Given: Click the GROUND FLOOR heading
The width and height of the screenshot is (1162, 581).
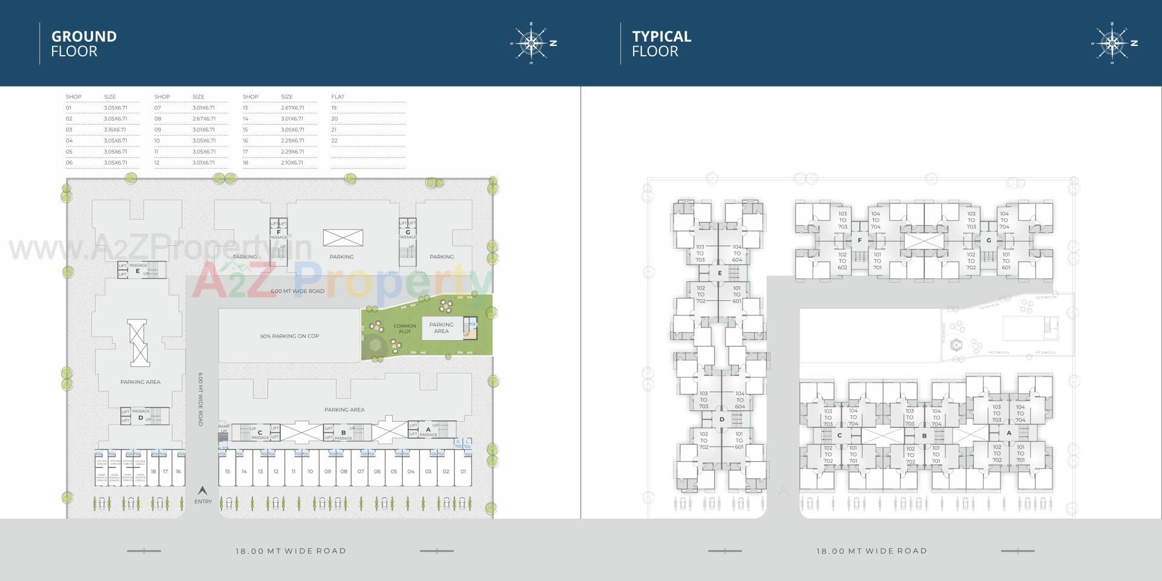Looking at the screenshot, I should (x=84, y=44).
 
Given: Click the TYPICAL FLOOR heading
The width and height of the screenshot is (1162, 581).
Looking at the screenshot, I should (x=661, y=44).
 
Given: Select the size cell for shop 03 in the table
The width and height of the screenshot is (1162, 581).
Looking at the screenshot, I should (x=115, y=130).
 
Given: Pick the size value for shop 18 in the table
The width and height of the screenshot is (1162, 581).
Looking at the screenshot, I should (x=292, y=162).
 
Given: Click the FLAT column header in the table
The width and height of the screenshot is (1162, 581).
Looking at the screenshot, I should (x=338, y=97).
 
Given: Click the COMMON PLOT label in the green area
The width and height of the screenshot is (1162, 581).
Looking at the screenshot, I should (x=405, y=329).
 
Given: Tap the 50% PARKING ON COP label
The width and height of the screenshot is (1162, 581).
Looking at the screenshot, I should (x=289, y=336).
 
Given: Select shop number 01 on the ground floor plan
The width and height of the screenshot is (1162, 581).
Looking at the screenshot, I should (x=463, y=471).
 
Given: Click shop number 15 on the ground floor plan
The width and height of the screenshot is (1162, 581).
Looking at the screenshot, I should (x=227, y=471).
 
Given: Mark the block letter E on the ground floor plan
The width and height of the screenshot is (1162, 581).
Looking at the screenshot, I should (x=138, y=272).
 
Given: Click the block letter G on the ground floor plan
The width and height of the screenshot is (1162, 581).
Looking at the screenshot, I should (x=408, y=232).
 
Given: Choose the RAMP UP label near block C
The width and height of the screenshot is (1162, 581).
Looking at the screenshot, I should (x=224, y=428).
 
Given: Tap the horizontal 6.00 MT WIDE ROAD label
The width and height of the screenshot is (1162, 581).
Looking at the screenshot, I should (x=297, y=291).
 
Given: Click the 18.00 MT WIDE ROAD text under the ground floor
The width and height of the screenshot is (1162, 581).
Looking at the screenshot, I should (x=290, y=551).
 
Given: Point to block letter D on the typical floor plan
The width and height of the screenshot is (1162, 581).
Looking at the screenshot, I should (x=721, y=419).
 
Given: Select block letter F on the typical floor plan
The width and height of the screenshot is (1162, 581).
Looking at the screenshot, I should (x=859, y=240).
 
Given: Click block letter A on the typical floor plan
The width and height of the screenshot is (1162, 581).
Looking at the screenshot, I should (x=1009, y=433).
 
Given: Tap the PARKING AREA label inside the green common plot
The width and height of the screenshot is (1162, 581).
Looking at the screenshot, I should (x=441, y=327).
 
